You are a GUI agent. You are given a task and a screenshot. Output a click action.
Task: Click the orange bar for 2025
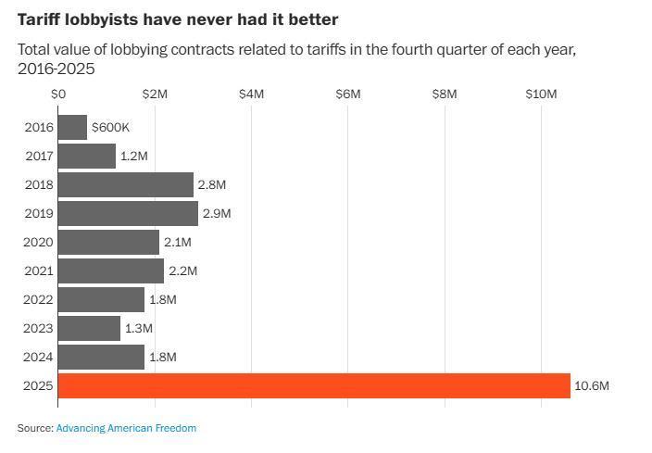click(314, 385)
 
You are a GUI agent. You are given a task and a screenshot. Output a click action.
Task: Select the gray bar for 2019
click(128, 213)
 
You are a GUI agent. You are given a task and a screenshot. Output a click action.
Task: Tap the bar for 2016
click(72, 127)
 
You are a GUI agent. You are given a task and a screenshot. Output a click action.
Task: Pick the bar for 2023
click(89, 328)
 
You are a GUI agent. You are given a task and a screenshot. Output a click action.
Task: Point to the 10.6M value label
click(592, 385)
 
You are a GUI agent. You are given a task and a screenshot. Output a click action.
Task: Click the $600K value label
click(110, 127)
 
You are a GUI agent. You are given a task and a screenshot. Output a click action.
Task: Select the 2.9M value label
click(217, 213)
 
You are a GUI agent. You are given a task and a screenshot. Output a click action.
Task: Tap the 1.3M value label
click(139, 328)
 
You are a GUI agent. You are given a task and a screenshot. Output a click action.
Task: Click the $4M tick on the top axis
click(252, 94)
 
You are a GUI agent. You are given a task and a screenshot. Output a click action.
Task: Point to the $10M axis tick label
click(541, 94)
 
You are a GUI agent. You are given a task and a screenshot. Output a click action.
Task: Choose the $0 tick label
click(59, 94)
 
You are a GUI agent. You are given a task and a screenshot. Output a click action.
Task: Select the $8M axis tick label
click(445, 94)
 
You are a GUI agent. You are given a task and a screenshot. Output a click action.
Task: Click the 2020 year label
click(39, 242)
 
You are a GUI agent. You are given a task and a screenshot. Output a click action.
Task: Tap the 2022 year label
click(39, 299)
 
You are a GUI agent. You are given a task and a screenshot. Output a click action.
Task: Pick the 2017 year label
click(39, 156)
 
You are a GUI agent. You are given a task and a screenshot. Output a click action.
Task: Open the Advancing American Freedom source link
click(126, 428)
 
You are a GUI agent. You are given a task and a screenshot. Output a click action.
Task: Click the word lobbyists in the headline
click(100, 19)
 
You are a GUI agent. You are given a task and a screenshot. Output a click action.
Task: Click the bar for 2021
click(111, 271)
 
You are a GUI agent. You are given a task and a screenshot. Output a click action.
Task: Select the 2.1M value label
click(178, 242)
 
